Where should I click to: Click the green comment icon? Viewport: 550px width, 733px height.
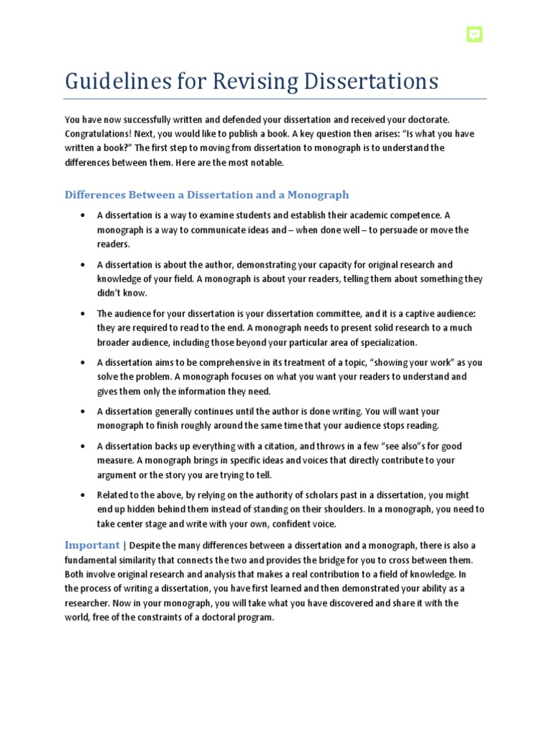473,34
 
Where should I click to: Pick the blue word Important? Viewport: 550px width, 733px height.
92,545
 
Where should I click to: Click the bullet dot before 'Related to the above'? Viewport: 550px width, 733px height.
84,495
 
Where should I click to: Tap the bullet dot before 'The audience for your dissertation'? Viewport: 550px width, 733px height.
84,314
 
